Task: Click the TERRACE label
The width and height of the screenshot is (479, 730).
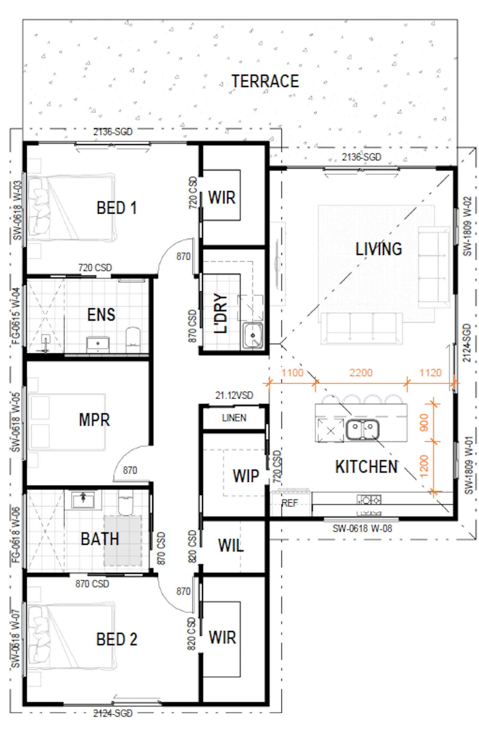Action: tap(265, 81)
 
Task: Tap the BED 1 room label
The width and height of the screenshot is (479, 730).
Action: tap(117, 208)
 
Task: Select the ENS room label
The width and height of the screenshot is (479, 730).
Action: tap(101, 315)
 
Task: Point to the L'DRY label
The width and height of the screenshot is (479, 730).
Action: tap(221, 313)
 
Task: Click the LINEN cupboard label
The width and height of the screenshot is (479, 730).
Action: tap(234, 418)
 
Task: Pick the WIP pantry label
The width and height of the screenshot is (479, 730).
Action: tap(246, 476)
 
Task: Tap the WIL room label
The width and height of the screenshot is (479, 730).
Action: tap(231, 545)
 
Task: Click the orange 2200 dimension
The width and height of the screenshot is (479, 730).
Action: tap(361, 373)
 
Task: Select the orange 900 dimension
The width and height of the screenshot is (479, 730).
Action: tap(424, 422)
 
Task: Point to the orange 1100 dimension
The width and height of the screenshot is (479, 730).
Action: tap(293, 373)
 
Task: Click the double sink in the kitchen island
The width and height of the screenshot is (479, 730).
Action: tap(363, 429)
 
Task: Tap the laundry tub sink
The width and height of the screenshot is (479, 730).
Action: tap(253, 336)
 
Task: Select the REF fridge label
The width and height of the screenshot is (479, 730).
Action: tap(290, 503)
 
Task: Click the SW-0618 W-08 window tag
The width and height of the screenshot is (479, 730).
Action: tap(362, 528)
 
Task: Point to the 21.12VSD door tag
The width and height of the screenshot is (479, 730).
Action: tap(234, 395)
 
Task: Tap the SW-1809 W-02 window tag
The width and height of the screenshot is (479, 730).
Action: tap(467, 226)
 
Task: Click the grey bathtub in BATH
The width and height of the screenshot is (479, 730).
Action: tap(123, 541)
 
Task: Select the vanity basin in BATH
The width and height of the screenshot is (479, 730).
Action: tap(83, 500)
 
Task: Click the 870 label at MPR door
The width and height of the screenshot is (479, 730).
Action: tap(130, 470)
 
